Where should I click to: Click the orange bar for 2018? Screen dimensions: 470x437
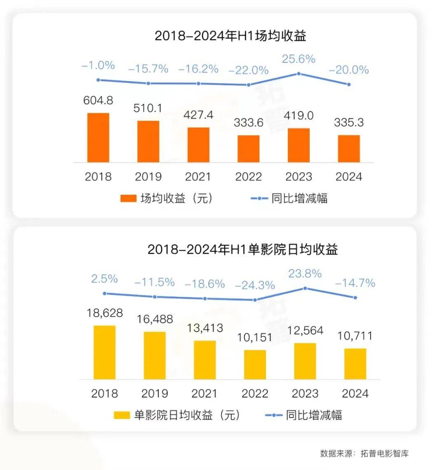tap(98, 138)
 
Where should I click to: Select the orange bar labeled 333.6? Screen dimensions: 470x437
tap(248, 149)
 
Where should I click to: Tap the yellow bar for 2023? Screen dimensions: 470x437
tap(305, 361)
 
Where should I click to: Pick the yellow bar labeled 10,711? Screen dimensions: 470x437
tap(355, 363)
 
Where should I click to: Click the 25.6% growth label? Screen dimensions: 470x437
tap(299, 59)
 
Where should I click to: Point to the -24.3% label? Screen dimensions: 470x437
tap(255, 285)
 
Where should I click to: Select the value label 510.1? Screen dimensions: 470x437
tap(148, 109)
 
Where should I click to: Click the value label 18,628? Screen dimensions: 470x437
tap(105, 313)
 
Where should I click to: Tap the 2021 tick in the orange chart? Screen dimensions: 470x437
tap(198, 177)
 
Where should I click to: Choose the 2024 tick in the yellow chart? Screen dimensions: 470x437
tap(355, 393)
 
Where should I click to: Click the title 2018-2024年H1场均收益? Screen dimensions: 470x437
tap(231, 36)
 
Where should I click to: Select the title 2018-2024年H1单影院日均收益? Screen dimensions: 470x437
tap(243, 249)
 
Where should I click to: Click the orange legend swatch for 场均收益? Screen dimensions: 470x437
tap(128, 199)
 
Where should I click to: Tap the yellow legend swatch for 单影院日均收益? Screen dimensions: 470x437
tap(122, 415)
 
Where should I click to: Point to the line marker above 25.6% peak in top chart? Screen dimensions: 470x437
tap(299, 74)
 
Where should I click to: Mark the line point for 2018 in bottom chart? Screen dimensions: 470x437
tap(105, 293)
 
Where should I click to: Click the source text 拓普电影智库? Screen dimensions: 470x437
tap(385, 454)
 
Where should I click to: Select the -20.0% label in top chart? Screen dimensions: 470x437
tap(348, 70)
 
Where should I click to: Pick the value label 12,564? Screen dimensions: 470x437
tap(305, 331)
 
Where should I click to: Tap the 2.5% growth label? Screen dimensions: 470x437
tap(105, 279)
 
